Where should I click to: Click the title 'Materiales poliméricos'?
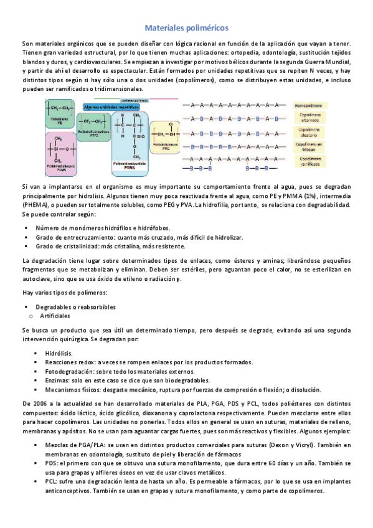(x=186, y=28)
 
